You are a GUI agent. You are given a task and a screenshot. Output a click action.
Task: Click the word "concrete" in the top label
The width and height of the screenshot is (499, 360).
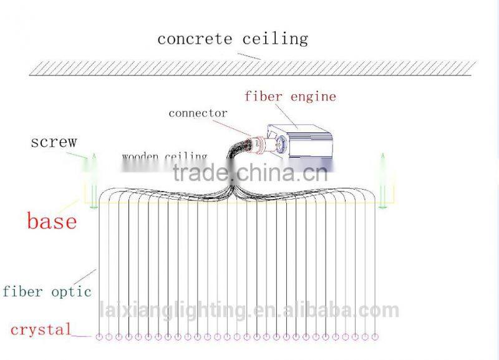tap(193, 39)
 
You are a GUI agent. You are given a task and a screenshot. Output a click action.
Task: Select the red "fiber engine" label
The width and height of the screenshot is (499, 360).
tap(290, 97)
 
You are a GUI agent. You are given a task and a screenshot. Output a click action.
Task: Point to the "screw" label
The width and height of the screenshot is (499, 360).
tap(54, 142)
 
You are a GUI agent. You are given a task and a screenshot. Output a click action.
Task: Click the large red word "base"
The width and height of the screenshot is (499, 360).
tap(52, 221)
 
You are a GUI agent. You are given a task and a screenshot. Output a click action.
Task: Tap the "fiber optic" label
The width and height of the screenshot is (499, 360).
tap(47, 291)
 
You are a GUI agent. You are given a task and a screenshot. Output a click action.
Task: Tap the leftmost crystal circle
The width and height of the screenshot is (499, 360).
tap(99, 337)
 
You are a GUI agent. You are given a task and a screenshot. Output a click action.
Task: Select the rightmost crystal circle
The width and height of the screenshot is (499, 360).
tap(374, 337)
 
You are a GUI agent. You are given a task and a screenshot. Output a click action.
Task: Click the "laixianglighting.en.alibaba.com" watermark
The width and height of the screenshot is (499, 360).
tap(249, 309)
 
